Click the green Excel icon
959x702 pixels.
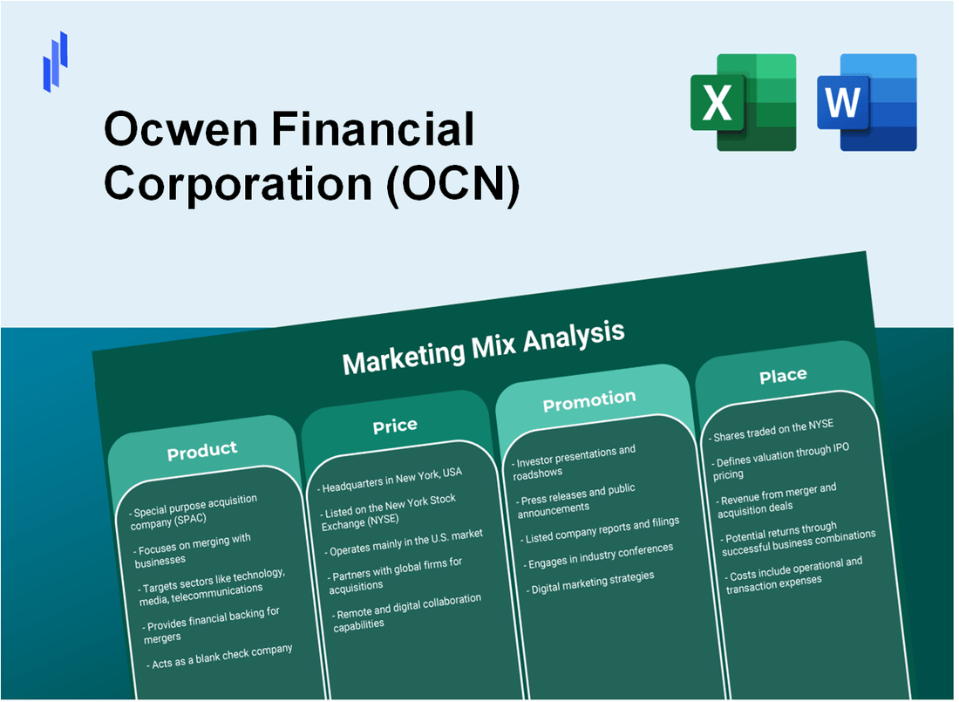click(743, 102)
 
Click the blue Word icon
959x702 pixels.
click(867, 102)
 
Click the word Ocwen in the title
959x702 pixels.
click(180, 131)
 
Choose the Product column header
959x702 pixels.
click(202, 450)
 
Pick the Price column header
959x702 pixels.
click(395, 426)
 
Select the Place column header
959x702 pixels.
click(783, 375)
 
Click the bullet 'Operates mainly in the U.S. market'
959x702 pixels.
click(405, 541)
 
